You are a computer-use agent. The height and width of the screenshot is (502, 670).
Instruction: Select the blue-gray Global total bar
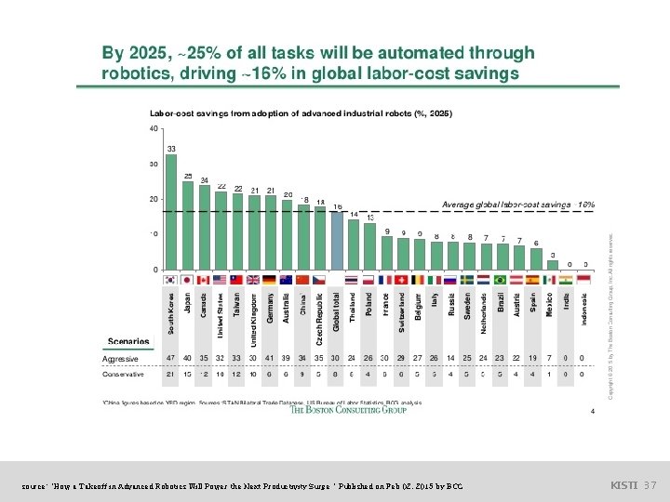[x=337, y=241]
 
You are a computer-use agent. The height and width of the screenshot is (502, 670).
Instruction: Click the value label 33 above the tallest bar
[x=171, y=149]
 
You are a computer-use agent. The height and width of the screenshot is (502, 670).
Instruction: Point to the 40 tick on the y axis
[x=154, y=129]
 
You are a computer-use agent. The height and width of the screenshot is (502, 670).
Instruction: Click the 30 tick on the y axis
[x=154, y=165]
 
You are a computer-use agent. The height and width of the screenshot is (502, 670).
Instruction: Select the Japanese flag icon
[x=188, y=279]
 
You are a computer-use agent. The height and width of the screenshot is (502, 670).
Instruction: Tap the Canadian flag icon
[x=205, y=279]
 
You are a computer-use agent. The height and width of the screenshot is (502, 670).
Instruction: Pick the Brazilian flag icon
[x=500, y=279]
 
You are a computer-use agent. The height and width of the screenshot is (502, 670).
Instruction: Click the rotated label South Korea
[x=171, y=313]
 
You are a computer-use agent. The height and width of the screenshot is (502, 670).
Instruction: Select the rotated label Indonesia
[x=584, y=310]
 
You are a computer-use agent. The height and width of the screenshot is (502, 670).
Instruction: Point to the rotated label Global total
[x=337, y=310]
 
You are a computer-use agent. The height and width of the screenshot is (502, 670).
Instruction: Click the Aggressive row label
[x=120, y=358]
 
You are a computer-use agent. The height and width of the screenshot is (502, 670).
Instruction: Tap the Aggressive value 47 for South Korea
[x=170, y=358]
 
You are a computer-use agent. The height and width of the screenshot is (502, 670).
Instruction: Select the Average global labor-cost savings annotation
[x=517, y=205]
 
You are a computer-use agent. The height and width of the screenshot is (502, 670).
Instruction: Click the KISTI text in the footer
[x=622, y=485]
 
